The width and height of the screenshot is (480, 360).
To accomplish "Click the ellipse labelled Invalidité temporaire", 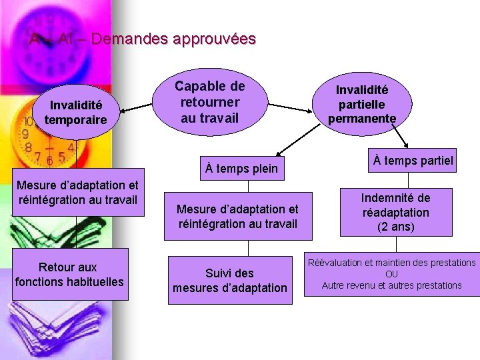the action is click(75, 112).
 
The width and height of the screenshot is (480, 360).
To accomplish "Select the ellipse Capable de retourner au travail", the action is click(210, 103).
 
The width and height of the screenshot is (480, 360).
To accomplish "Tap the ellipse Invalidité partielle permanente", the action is click(362, 104).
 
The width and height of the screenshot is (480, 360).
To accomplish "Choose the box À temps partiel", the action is click(413, 160).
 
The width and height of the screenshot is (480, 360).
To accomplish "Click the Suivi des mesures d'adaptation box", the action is click(230, 280).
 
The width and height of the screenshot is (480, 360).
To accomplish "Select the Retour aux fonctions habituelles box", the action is click(69, 274).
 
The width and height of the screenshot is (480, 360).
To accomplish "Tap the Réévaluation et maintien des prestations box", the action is click(391, 273).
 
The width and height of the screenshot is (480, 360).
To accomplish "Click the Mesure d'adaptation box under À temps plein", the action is click(237, 217).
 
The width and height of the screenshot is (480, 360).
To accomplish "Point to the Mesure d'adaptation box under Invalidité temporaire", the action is click(77, 192).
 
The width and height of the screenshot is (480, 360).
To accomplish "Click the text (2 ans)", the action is click(396, 227).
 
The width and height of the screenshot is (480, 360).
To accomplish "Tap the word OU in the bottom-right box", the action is click(391, 274).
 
